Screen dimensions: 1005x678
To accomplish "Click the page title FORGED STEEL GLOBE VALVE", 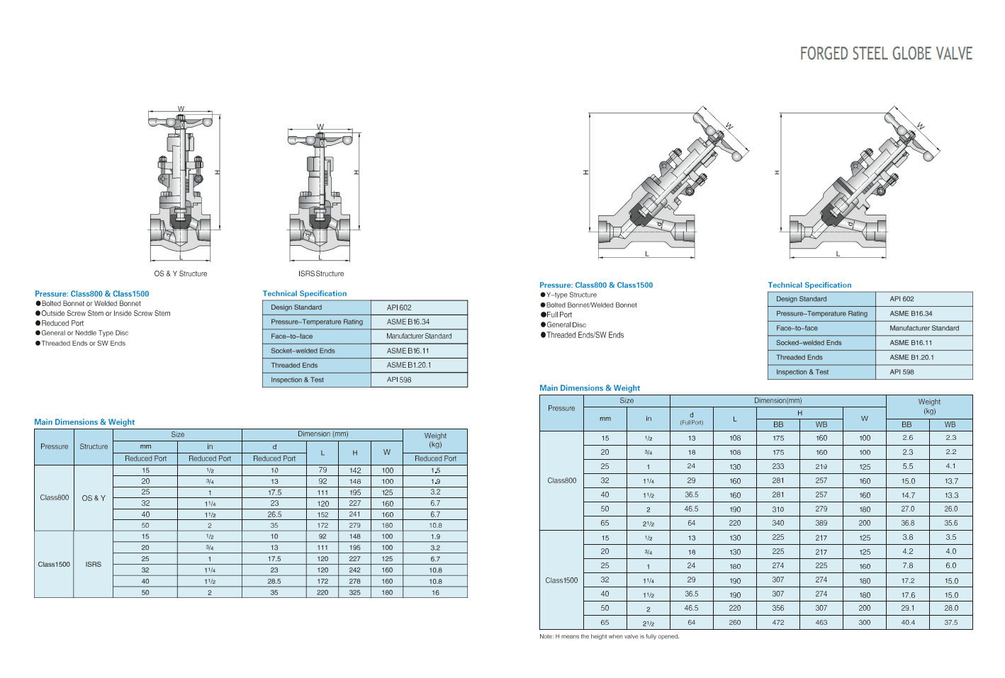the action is (x=886, y=54).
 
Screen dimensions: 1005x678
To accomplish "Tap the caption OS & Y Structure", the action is (x=180, y=273).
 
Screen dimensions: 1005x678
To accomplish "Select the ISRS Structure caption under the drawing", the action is (x=321, y=273).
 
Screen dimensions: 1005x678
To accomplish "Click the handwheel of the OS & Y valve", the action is (x=180, y=121).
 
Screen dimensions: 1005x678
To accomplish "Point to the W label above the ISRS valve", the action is (x=320, y=127).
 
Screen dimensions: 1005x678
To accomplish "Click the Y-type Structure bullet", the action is (x=568, y=295).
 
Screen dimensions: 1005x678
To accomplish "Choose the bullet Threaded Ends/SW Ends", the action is (x=582, y=335).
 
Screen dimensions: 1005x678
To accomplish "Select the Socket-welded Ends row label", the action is (x=303, y=351).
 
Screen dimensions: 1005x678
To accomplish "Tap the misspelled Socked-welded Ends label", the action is (x=809, y=343).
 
